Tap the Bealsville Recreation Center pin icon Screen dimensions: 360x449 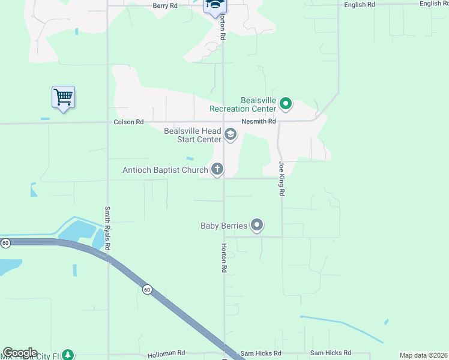286,105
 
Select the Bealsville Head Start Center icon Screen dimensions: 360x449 231,135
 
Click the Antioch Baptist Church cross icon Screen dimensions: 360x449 217,170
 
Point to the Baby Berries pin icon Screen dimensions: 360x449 258,226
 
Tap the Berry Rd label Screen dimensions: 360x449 165,5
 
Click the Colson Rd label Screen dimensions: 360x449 128,122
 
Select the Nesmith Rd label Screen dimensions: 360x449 259,121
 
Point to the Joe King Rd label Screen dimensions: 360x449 281,179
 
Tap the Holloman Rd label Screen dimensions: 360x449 166,353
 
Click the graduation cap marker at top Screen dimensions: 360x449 214,6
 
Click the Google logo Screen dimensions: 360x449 20,353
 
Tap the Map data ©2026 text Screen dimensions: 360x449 423,355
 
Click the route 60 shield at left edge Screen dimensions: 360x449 5,243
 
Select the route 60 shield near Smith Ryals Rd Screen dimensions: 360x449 147,290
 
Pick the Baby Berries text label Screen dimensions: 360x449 224,226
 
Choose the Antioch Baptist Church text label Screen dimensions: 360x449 165,170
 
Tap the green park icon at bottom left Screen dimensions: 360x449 68,355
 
